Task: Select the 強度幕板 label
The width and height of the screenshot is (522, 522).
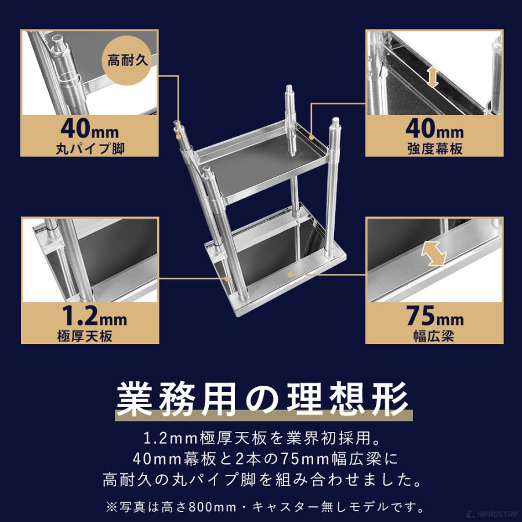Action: (x=434, y=148)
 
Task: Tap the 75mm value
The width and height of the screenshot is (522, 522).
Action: (x=434, y=317)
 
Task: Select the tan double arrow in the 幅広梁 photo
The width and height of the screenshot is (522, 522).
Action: (x=434, y=254)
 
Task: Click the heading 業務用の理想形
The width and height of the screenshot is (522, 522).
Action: (x=261, y=398)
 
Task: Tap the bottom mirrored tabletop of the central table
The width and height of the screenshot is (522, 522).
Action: (x=278, y=255)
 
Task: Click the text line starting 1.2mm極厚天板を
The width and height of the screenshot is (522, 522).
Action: (x=261, y=435)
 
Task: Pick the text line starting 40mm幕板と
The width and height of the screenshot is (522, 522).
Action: (x=261, y=458)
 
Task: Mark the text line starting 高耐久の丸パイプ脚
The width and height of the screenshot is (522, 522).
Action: (x=261, y=481)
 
